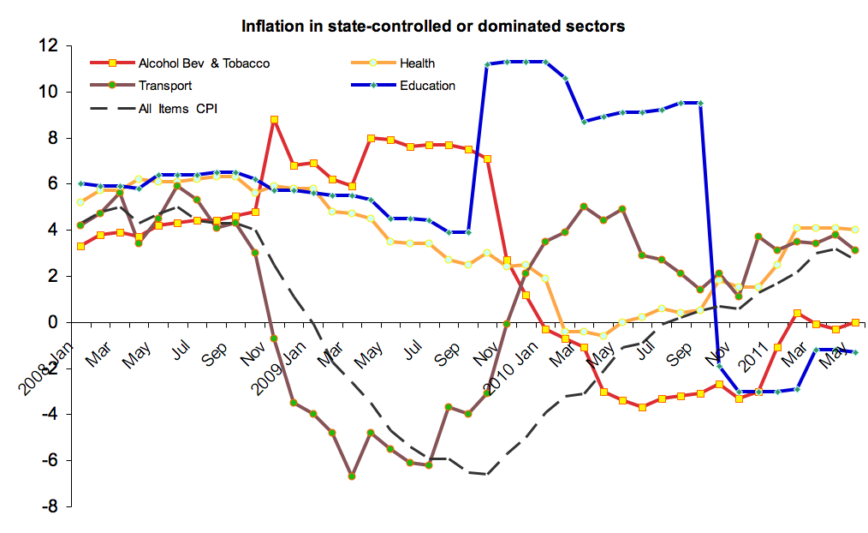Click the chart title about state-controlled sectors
pos(433,26)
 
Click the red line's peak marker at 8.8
pos(274,120)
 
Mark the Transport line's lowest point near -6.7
pos(352,476)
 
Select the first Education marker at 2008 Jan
pos(80,183)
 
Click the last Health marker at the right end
pos(855,230)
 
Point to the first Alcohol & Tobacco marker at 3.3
pos(80,246)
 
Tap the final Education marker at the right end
pos(855,352)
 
